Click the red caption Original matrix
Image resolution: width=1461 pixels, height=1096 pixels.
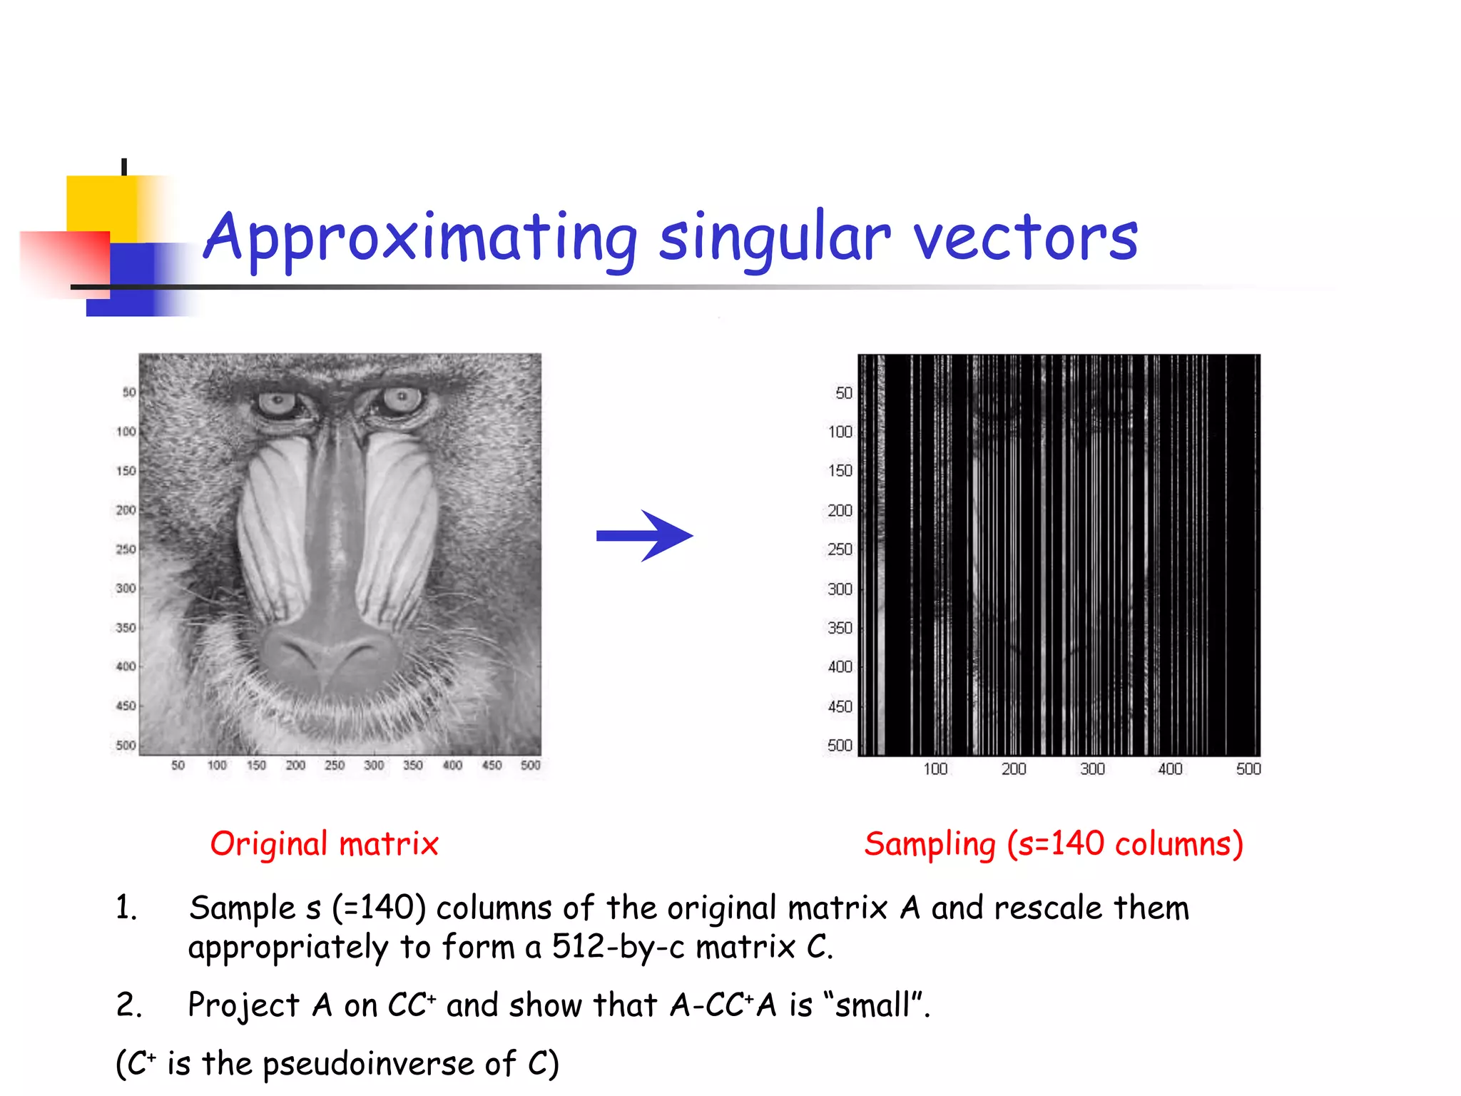[324, 844]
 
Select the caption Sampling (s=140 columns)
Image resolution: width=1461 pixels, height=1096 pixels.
[1054, 844]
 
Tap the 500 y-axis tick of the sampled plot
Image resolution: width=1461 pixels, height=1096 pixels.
[840, 746]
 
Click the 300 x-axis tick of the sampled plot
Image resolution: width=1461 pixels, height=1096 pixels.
[1091, 769]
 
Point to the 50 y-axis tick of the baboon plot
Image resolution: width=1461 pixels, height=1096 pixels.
[128, 392]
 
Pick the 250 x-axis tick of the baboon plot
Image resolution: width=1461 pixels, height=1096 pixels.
[335, 766]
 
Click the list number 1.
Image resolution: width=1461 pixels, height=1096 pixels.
[126, 908]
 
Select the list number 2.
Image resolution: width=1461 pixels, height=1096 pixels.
[128, 1005]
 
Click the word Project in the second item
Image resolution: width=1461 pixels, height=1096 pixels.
[243, 1005]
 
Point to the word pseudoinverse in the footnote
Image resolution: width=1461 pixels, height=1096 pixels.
[368, 1064]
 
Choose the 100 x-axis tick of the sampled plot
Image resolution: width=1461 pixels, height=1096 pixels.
[935, 769]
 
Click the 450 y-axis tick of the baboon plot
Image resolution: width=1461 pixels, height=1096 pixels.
[126, 706]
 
